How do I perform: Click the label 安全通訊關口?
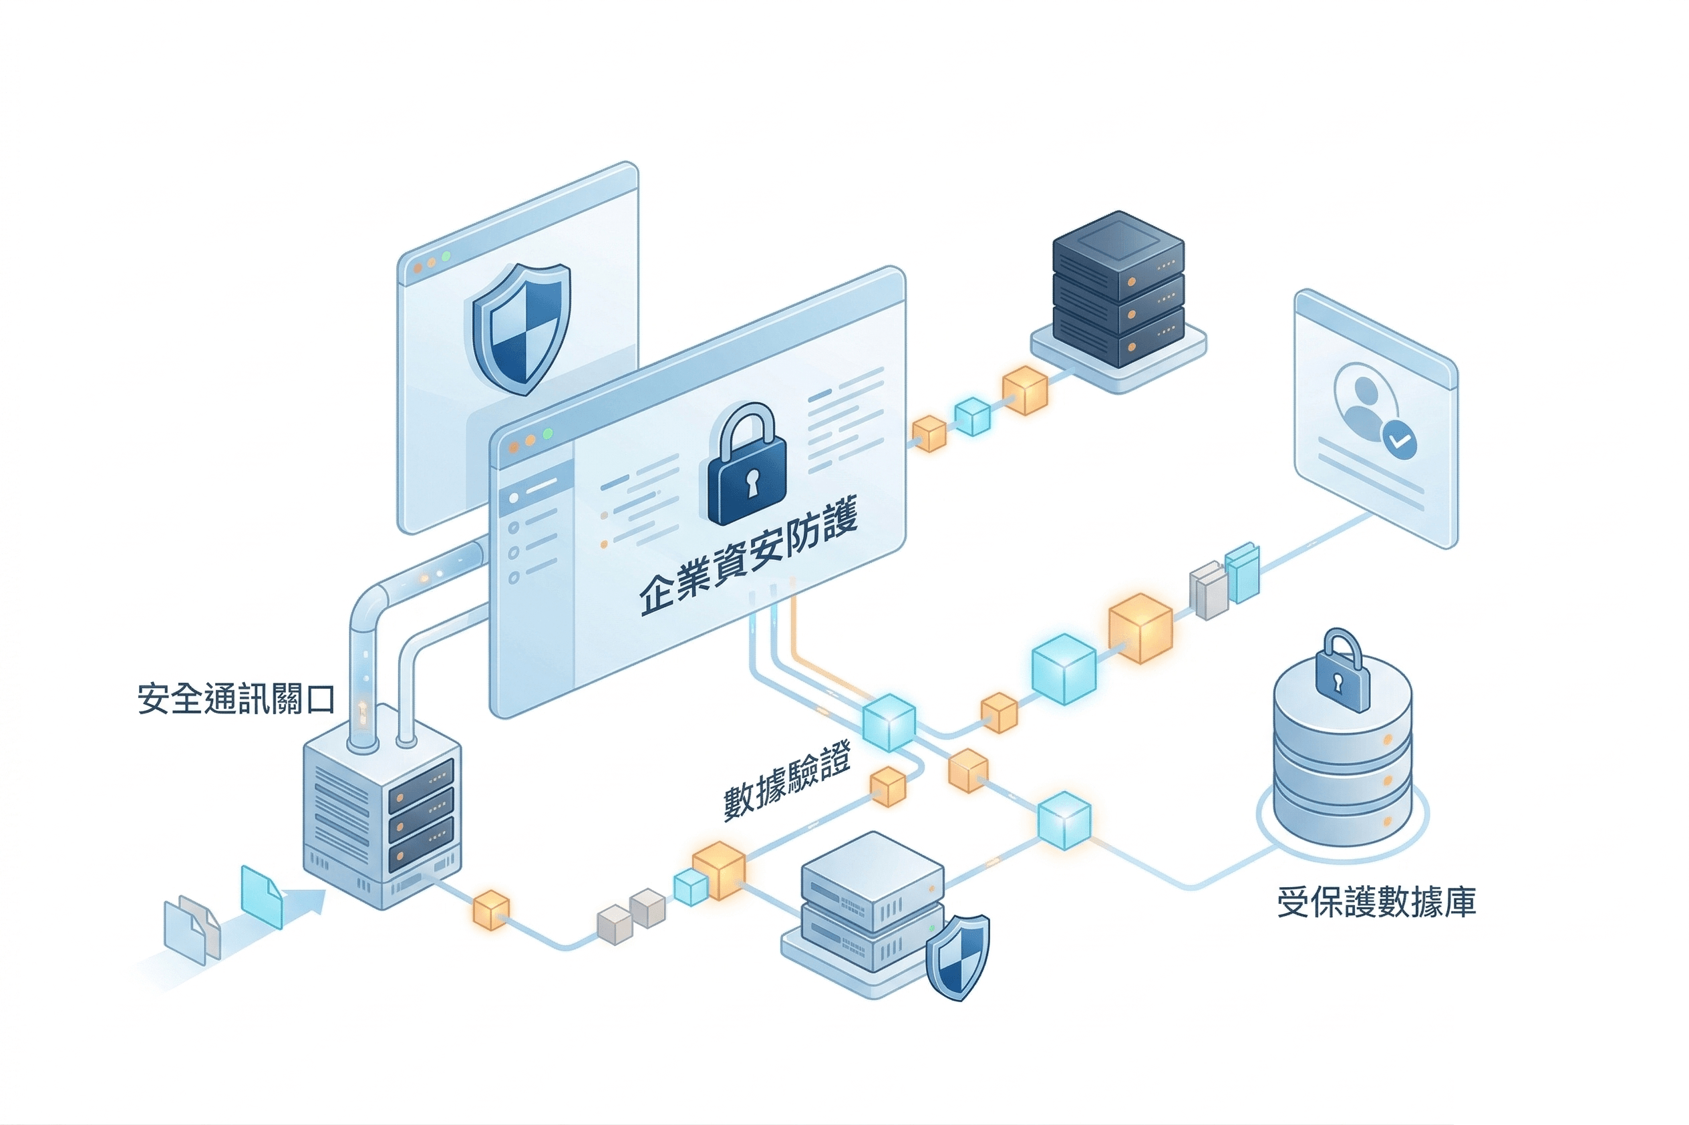tap(236, 698)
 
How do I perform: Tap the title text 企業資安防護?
tap(748, 558)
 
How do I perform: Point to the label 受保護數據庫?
tap(1376, 902)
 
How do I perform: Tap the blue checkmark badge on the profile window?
tap(1400, 440)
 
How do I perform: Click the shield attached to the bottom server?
tap(957, 957)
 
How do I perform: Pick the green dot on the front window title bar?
tap(547, 434)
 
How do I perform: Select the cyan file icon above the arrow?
tap(261, 896)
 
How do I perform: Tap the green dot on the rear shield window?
tap(446, 256)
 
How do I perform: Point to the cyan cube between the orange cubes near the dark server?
tap(972, 416)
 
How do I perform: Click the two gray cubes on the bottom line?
tap(631, 916)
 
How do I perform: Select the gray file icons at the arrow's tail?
tap(192, 929)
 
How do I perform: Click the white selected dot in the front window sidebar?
tap(514, 498)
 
